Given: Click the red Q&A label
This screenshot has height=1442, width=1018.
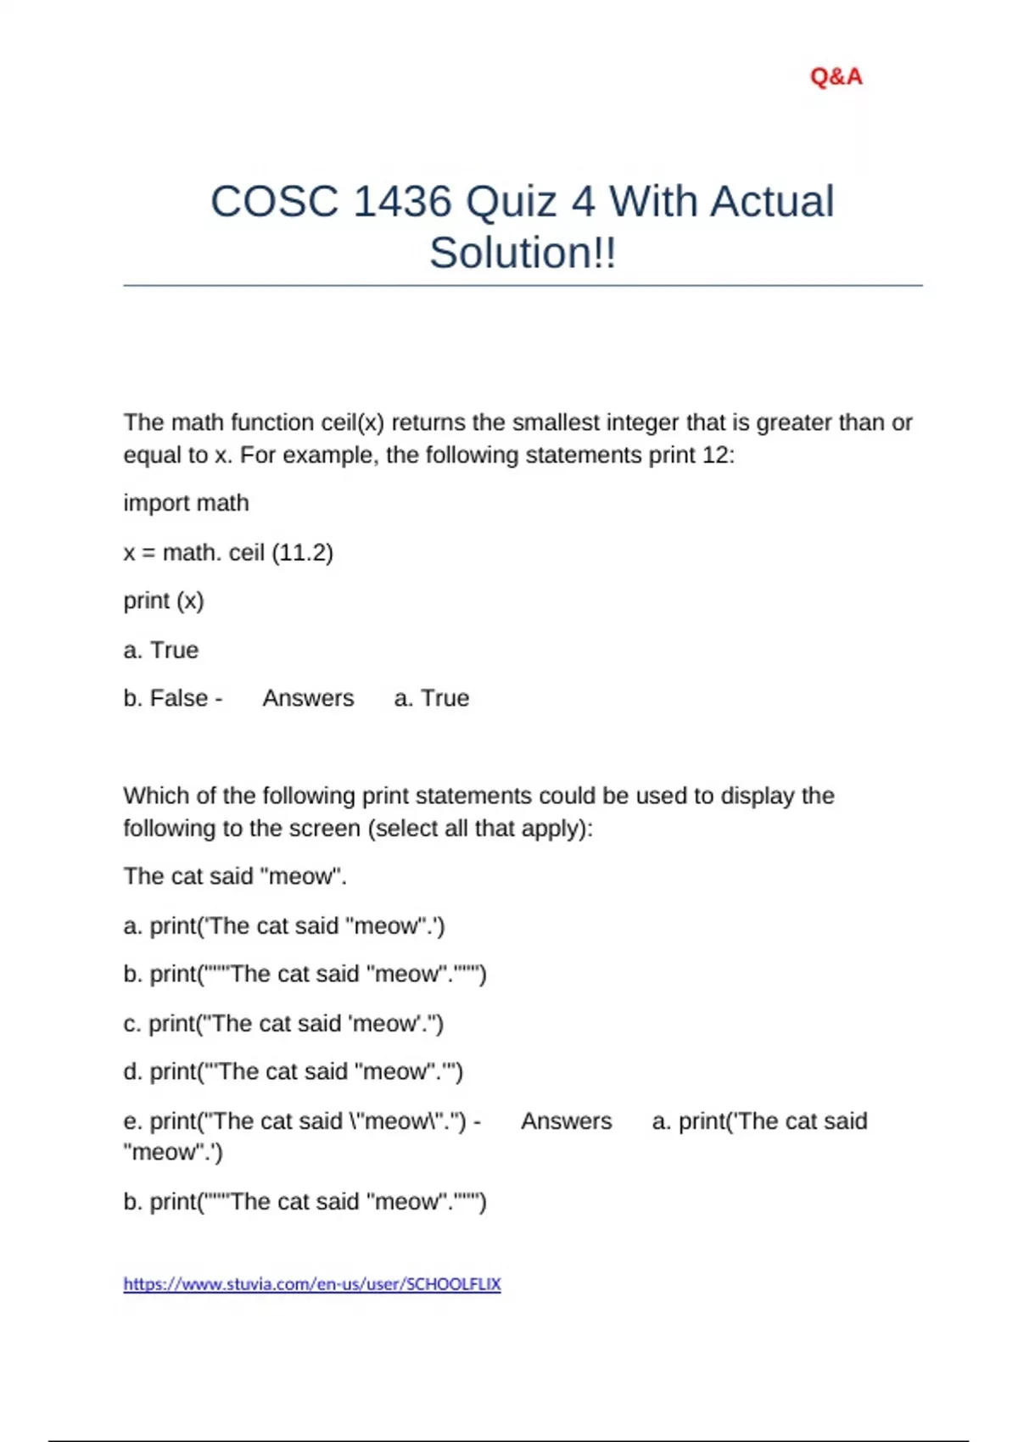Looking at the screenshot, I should (x=836, y=77).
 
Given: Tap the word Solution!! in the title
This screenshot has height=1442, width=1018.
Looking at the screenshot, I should (x=523, y=253).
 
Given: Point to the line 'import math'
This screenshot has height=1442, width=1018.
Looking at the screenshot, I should (x=186, y=503).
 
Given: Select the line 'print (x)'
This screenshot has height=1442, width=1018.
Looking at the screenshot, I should (x=164, y=601).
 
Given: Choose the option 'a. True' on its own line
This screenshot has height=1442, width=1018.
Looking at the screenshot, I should (x=161, y=651).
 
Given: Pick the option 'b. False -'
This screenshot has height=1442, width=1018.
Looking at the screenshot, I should (x=173, y=698).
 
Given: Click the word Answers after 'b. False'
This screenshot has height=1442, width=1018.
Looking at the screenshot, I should (x=308, y=698).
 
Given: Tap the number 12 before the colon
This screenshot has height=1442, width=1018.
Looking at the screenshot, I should (x=715, y=456).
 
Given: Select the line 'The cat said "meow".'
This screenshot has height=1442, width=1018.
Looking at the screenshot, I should (x=235, y=876).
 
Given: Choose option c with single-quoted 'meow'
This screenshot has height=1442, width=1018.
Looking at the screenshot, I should (x=283, y=1024).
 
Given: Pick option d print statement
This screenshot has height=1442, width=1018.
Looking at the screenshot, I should (x=293, y=1072).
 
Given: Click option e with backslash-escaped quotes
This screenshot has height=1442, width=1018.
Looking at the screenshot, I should (x=301, y=1121).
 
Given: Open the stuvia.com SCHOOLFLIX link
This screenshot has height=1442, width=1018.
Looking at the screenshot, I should (x=312, y=1284).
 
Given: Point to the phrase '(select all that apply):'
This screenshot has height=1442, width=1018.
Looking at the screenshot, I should (x=480, y=829).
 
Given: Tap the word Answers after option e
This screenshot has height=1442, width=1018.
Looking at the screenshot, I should (x=566, y=1121).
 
